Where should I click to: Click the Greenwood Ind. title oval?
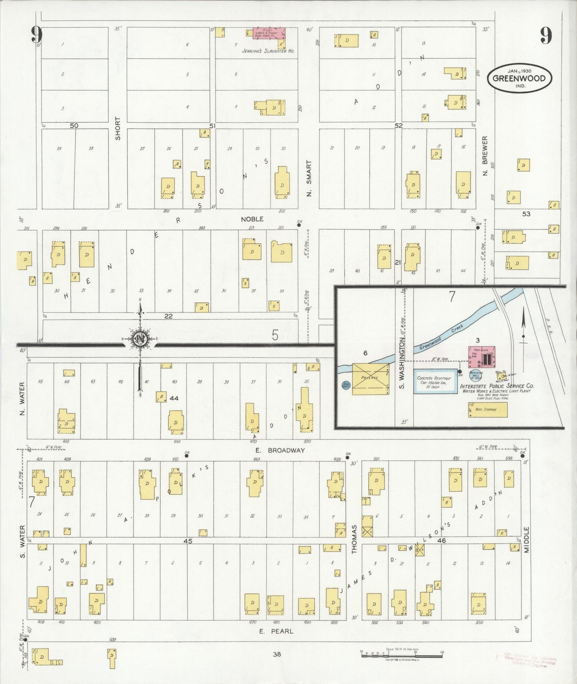point(519,78)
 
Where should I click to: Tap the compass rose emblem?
point(140,339)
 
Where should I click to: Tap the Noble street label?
point(252,219)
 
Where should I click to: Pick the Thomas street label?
point(354,539)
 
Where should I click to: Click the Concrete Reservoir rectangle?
point(435,382)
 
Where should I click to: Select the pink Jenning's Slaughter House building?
point(270,33)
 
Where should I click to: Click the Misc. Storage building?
point(488,410)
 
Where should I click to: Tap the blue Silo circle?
point(346,385)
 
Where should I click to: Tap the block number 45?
point(188,541)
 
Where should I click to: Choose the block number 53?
point(526,214)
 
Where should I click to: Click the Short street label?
point(118,128)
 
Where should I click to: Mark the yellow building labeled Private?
point(370,379)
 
